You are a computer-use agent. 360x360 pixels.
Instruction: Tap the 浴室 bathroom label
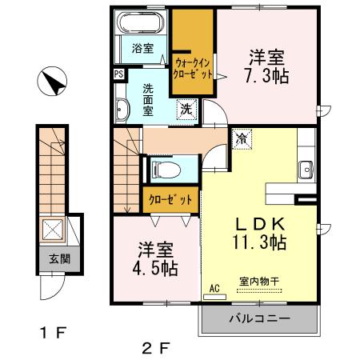[x=144, y=47]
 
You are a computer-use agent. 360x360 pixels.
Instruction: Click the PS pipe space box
[x=119, y=74]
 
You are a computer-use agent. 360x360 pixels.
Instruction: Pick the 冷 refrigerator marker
[x=241, y=138]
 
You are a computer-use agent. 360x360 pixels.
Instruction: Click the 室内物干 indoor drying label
[x=256, y=282]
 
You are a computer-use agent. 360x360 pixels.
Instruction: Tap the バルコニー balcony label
[x=260, y=320]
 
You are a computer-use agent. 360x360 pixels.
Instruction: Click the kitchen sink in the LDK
[x=305, y=169]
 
